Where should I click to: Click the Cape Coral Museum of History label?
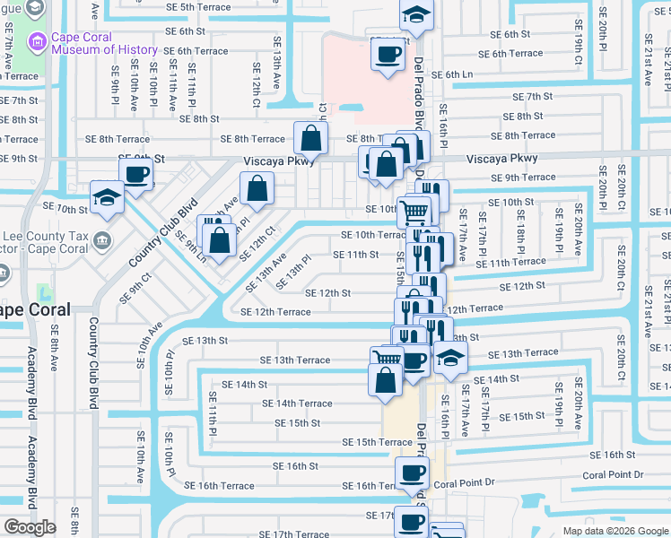coord(104,43)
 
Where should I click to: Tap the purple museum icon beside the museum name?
coord(37,41)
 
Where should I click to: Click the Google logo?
coord(30,527)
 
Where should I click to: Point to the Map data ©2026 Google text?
coord(615,531)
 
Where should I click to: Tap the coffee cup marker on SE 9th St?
coord(136,174)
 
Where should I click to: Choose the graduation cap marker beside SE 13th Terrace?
coord(450,359)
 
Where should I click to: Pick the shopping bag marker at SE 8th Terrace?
coord(310,140)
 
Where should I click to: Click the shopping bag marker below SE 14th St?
coord(385,379)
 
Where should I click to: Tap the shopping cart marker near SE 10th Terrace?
coord(415,213)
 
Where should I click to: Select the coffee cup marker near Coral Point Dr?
coord(413,473)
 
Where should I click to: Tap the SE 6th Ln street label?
coord(455,75)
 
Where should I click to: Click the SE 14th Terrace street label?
coord(297,404)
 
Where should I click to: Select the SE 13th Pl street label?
coord(294,273)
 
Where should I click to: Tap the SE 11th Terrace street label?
coord(510,263)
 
